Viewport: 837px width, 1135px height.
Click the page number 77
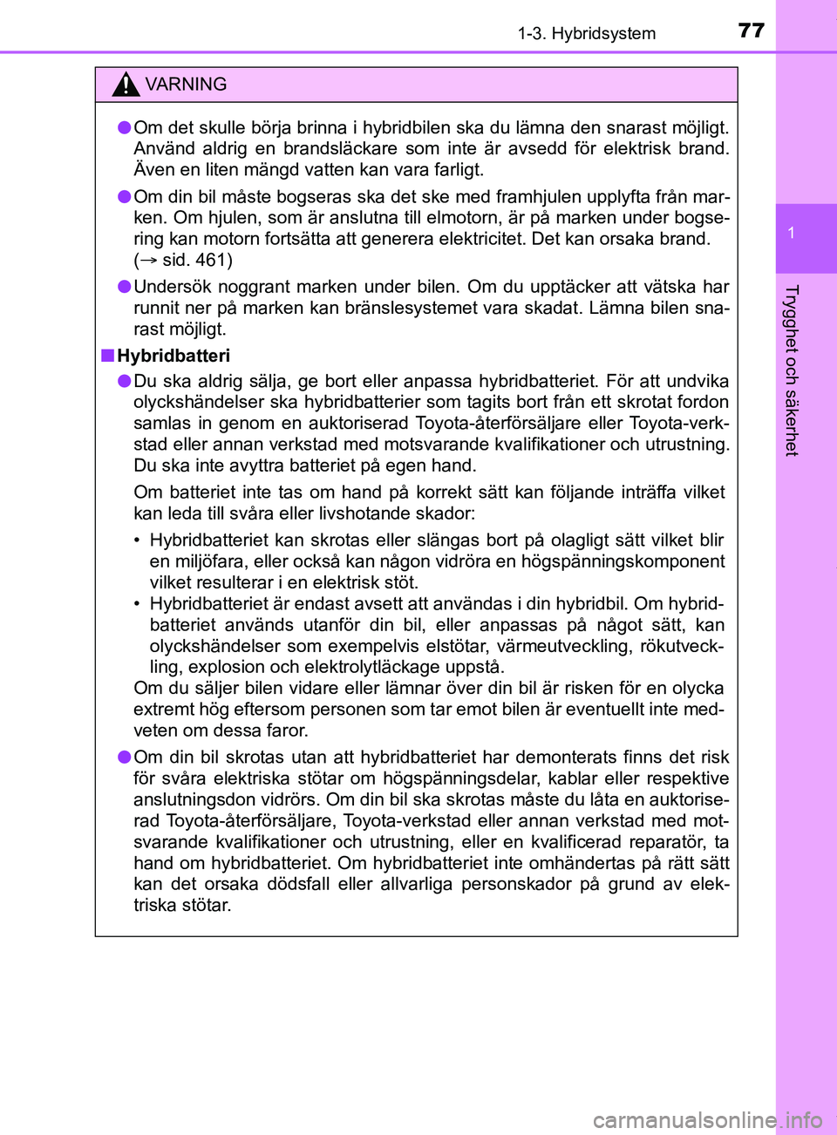pos(751,31)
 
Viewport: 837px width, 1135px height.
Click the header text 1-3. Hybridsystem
pos(586,34)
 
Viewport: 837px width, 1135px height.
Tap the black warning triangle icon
pos(126,85)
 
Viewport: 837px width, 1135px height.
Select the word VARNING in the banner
pos(186,85)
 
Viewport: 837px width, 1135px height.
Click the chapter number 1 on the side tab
pos(791,233)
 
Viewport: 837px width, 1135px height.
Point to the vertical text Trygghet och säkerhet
pos(791,370)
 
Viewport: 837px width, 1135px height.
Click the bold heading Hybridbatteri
pos(174,356)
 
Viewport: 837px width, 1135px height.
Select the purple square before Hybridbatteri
pos(107,355)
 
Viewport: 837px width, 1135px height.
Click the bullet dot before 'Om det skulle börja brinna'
pos(126,127)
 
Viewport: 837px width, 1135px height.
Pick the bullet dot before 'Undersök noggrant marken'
pos(126,287)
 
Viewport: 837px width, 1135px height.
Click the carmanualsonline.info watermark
pos(707,1119)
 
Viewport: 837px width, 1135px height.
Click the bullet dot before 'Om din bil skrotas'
pos(126,757)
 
